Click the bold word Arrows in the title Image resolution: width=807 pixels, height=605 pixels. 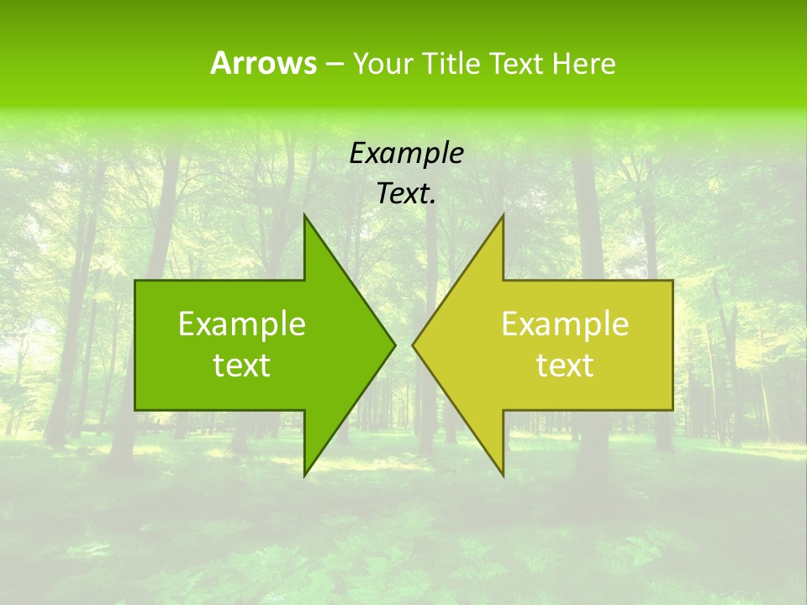(x=263, y=63)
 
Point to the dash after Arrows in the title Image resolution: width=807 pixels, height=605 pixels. (x=334, y=64)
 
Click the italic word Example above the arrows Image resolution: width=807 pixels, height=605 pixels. (x=406, y=153)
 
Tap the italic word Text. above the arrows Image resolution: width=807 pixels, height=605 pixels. (x=406, y=194)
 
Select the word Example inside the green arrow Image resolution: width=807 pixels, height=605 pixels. (x=242, y=324)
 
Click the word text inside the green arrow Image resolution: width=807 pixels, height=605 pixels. (x=242, y=366)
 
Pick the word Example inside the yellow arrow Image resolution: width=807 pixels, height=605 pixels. (x=565, y=324)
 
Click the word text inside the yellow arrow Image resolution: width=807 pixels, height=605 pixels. (x=565, y=366)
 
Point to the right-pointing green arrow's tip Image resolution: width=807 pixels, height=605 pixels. (x=393, y=345)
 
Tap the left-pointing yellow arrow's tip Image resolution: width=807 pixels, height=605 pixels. (x=414, y=345)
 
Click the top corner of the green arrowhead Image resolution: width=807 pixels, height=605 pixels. (x=304, y=216)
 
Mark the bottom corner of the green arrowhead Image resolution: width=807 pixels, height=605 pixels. (x=304, y=475)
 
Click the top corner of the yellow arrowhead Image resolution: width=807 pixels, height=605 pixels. (x=503, y=216)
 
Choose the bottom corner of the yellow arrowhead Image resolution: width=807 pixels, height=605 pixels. (x=503, y=475)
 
